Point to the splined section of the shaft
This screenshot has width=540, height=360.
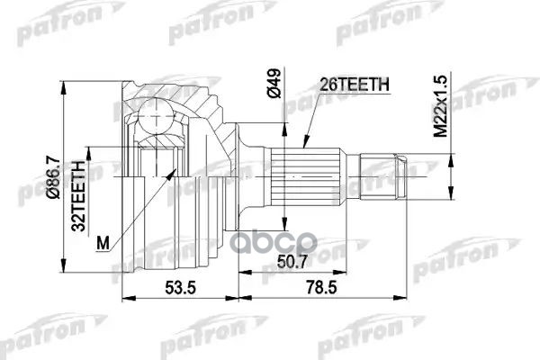tap(305, 174)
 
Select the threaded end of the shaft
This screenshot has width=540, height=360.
tap(378, 174)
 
